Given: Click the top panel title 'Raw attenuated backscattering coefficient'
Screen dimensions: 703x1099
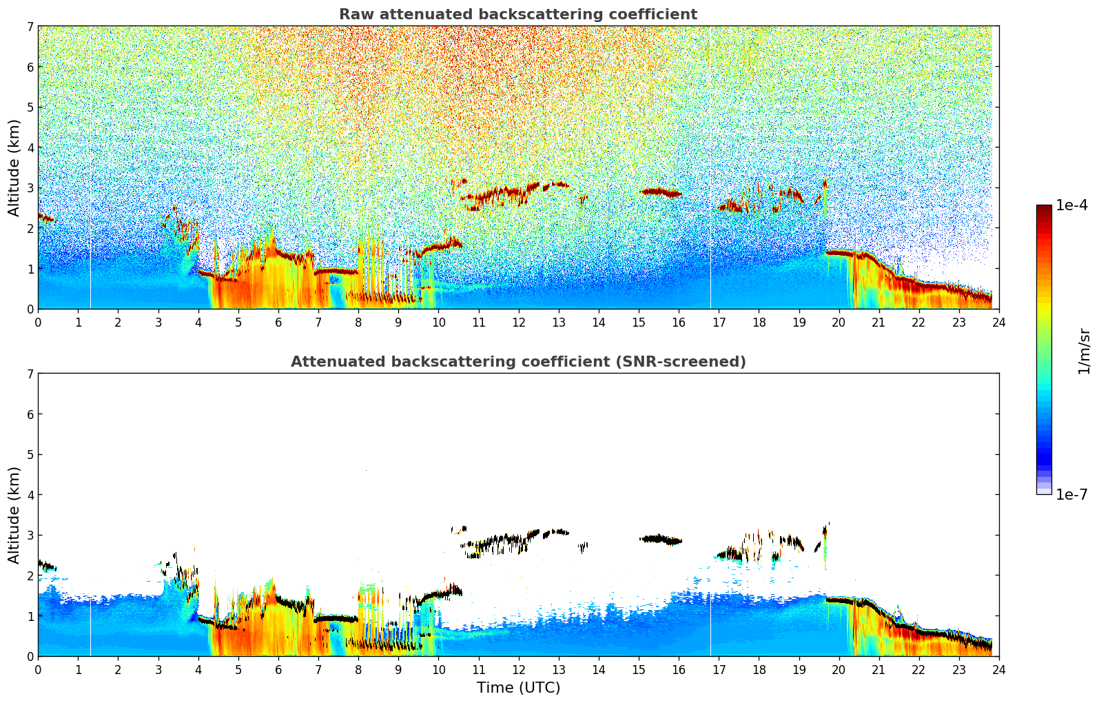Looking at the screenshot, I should (x=517, y=14).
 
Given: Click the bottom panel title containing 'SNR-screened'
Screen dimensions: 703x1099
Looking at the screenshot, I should (x=517, y=362).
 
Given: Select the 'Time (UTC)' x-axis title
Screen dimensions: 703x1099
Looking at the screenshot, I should (x=518, y=688).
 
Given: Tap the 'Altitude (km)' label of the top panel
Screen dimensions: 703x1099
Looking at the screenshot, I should (x=14, y=167).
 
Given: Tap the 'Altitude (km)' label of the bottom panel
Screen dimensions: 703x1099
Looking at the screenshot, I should (x=14, y=515).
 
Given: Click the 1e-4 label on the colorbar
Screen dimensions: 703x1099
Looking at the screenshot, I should (x=1071, y=205).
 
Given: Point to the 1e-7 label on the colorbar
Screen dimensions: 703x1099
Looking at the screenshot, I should (x=1071, y=495).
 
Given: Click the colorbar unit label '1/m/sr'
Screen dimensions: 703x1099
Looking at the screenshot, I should (x=1084, y=351).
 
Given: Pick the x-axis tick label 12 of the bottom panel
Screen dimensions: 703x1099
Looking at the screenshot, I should (x=518, y=670).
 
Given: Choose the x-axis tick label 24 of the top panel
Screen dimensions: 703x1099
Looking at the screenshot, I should (x=998, y=323).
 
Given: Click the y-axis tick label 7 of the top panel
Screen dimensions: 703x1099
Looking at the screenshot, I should (x=30, y=27).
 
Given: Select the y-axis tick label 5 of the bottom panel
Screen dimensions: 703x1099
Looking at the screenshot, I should (x=30, y=455).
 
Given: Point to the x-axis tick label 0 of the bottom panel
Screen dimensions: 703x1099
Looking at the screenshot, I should (x=38, y=670).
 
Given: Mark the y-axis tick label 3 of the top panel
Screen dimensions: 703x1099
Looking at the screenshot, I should (x=30, y=188).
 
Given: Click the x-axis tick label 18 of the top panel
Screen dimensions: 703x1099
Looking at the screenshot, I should (x=759, y=323).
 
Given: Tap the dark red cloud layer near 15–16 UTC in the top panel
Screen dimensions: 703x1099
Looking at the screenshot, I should (x=660, y=192).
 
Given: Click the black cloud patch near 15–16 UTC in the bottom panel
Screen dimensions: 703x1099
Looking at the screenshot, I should (x=660, y=540).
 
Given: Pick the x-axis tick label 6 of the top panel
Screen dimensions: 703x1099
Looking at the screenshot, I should (x=278, y=323).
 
